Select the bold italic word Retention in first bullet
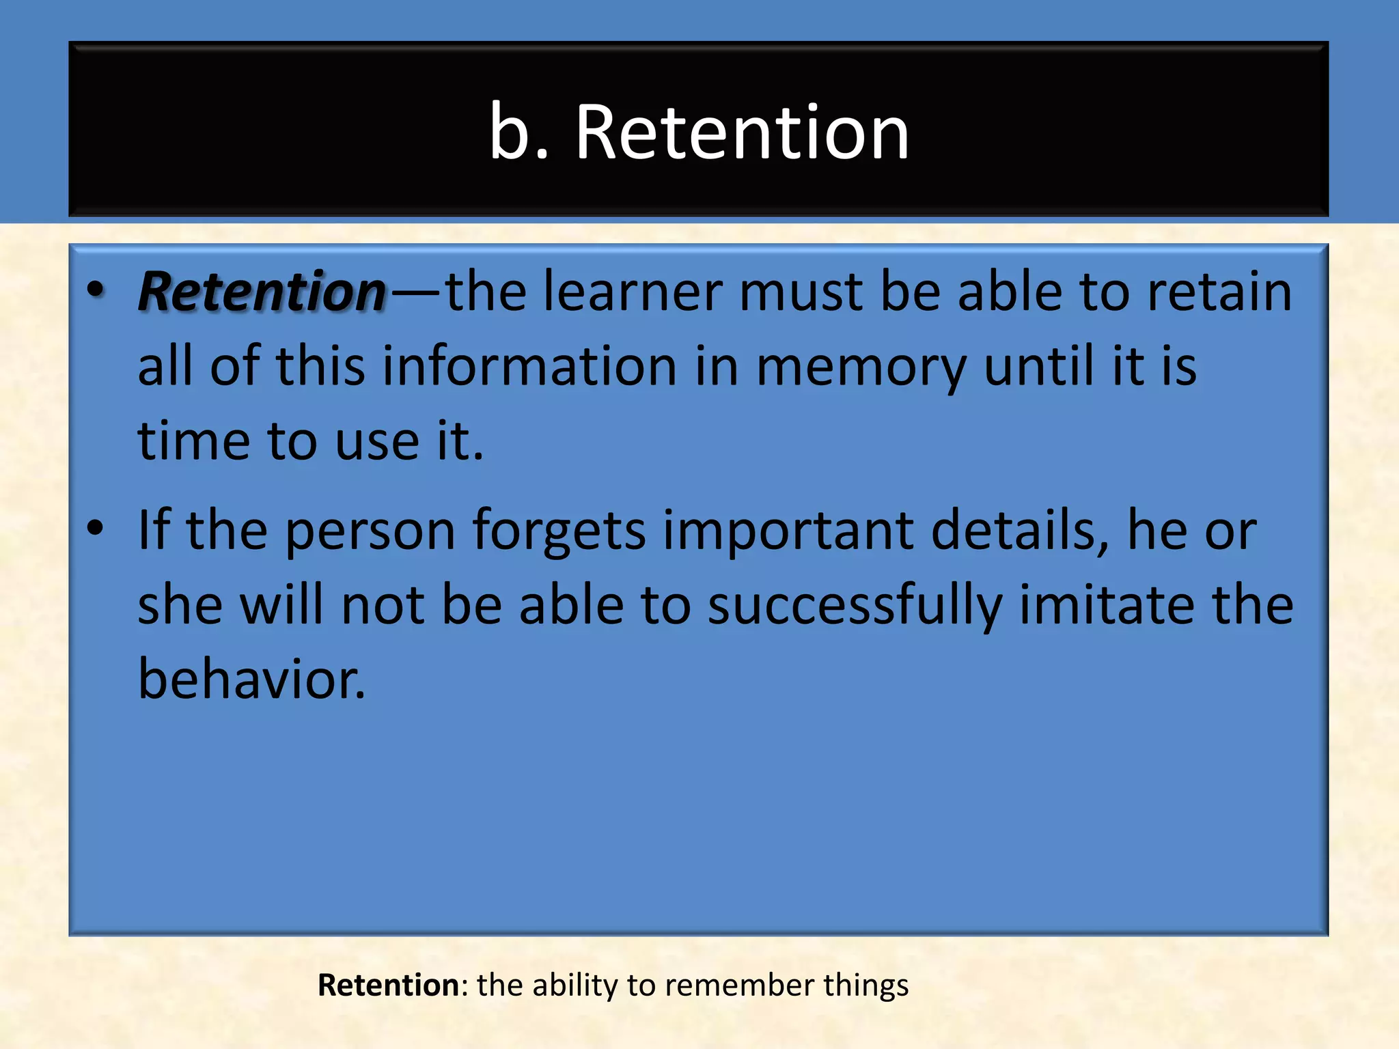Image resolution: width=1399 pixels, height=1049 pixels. (x=262, y=292)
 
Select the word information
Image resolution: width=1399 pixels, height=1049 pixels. (x=529, y=366)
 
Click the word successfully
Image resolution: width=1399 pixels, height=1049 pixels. (x=855, y=606)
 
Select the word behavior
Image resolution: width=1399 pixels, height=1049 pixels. (x=251, y=679)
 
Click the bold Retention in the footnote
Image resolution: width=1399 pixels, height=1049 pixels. (x=388, y=985)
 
